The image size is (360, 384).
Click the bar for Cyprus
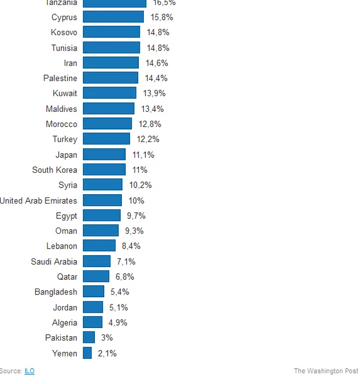pyautogui.click(x=113, y=17)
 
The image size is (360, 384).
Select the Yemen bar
pyautogui.click(x=87, y=353)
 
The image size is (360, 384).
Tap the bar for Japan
pyautogui.click(x=104, y=155)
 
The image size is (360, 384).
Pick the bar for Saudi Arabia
pyautogui.click(x=97, y=262)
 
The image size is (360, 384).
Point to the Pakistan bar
pyautogui.click(x=89, y=338)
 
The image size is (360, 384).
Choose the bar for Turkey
pyautogui.click(x=106, y=139)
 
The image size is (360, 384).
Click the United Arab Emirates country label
pyautogui.click(x=38, y=201)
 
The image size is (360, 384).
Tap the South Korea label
pyautogui.click(x=54, y=170)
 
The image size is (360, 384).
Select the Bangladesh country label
pyautogui.click(x=55, y=292)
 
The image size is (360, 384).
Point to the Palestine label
pyautogui.click(x=60, y=78)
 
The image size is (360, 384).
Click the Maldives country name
pyautogui.click(x=61, y=109)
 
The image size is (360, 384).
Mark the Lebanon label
pyautogui.click(x=61, y=246)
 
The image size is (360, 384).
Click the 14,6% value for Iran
pyautogui.click(x=156, y=63)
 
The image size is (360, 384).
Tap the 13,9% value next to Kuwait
pyautogui.click(x=154, y=94)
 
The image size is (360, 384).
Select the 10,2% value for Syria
pyautogui.click(x=140, y=185)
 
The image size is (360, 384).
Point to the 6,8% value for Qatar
pyautogui.click(x=125, y=277)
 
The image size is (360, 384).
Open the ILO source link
pyautogui.click(x=29, y=371)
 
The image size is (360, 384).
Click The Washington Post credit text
pyautogui.click(x=326, y=371)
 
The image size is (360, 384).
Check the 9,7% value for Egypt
pyautogui.click(x=136, y=216)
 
